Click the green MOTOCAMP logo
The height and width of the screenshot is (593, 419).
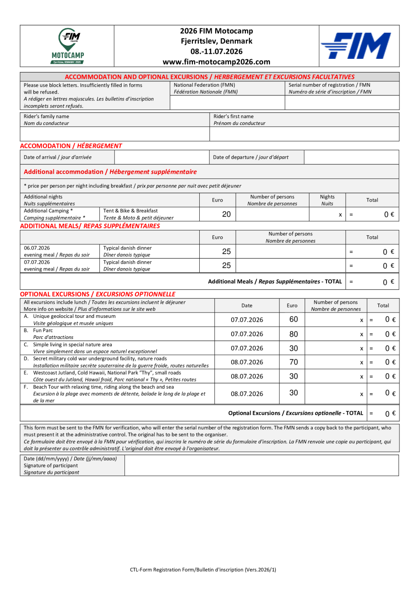coord(67,46)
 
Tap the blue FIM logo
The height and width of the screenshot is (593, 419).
coord(355,46)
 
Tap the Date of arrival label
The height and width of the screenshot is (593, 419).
coord(57,157)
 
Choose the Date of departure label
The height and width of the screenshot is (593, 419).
coord(251,157)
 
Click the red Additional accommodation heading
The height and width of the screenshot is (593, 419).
coord(110,172)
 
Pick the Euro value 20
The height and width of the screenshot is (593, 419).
coord(227,214)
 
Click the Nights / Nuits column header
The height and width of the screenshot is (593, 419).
coord(327,200)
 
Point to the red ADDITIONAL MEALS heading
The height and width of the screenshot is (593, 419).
coord(90,226)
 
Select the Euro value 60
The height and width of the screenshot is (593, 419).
coord(294,319)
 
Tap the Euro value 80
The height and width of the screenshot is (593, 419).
coord(294,334)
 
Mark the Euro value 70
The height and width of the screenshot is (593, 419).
coord(294,362)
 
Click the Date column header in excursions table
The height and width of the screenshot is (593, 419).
coord(247,306)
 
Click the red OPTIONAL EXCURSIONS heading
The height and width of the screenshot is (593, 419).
coord(98,294)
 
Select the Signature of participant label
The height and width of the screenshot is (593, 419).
coord(51,466)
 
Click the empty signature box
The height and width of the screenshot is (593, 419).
coord(261,465)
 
